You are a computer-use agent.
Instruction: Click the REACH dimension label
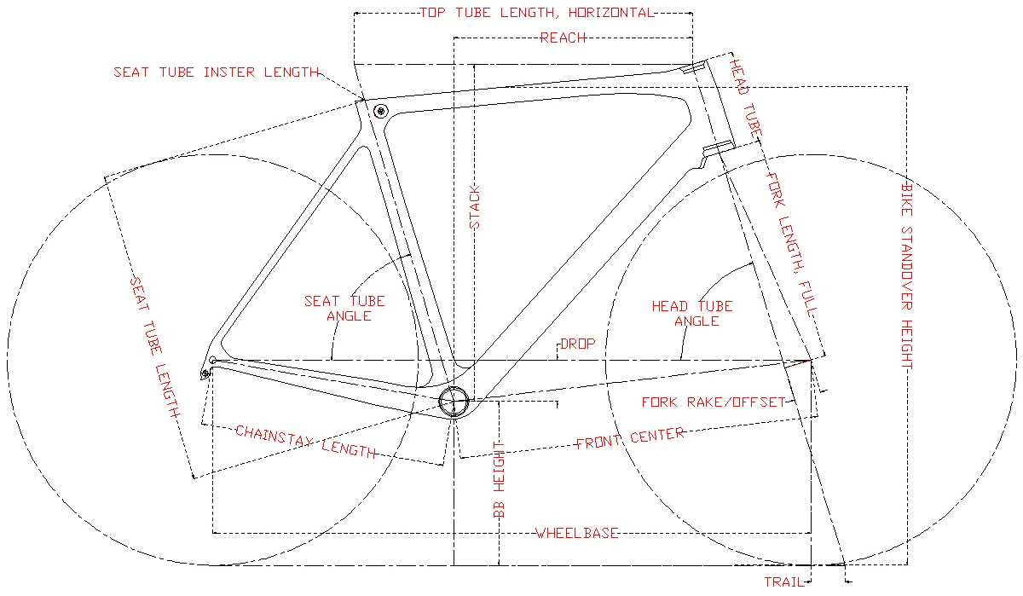pyautogui.click(x=563, y=38)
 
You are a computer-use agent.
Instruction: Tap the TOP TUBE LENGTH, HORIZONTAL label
pyautogui.click(x=536, y=13)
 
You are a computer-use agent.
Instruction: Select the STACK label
pyautogui.click(x=476, y=207)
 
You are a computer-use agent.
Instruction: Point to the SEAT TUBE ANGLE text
pyautogui.click(x=345, y=308)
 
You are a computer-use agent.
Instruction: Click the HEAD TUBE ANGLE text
pyautogui.click(x=692, y=313)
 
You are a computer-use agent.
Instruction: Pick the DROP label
pyautogui.click(x=577, y=344)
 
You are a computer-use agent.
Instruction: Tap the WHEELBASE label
pyautogui.click(x=576, y=534)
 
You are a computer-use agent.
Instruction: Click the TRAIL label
pyautogui.click(x=784, y=582)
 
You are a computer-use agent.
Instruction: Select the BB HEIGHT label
pyautogui.click(x=500, y=481)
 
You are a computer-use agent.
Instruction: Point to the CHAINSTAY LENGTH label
pyautogui.click(x=305, y=441)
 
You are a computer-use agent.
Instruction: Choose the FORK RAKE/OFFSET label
pyautogui.click(x=713, y=402)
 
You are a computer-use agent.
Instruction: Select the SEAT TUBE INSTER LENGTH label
pyautogui.click(x=217, y=72)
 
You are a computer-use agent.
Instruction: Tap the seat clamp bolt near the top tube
pyautogui.click(x=380, y=110)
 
